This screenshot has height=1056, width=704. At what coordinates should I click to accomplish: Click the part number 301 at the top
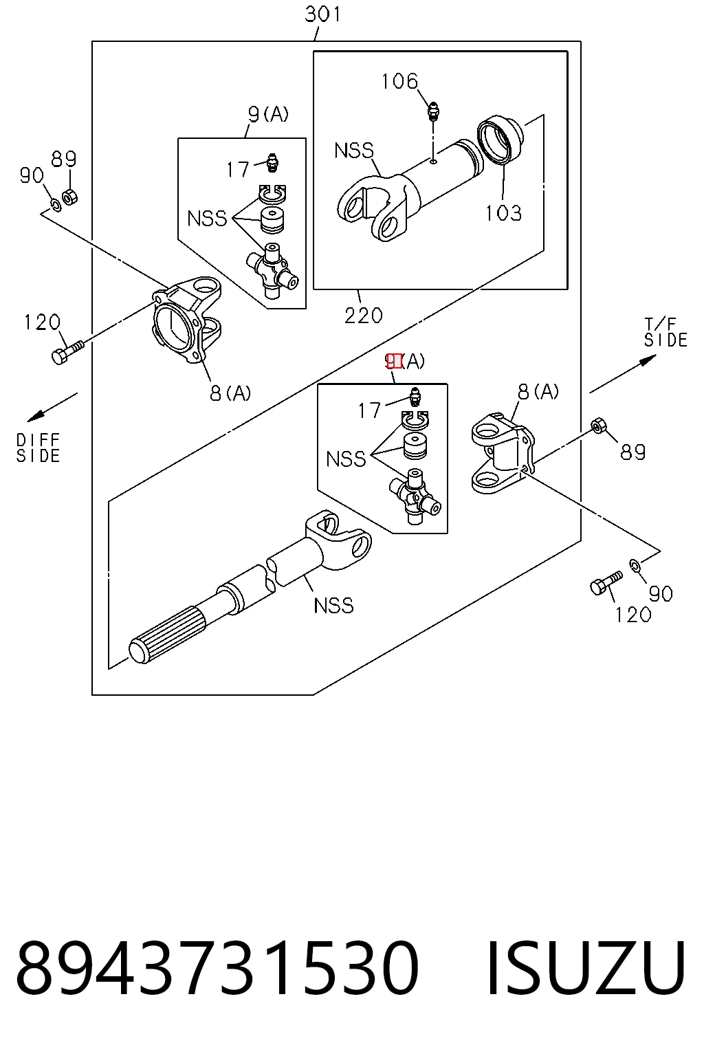coord(322,14)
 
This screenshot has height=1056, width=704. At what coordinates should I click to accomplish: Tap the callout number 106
coord(399,81)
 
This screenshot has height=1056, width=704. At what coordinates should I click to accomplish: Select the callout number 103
coord(504,213)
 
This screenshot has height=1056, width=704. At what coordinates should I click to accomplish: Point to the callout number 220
coord(363,316)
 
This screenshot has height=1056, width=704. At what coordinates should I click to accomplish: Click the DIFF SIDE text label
coord(38,448)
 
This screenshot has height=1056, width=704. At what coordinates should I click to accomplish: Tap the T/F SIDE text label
coord(665,332)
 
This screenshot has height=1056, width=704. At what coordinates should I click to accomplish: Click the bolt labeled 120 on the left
coord(67,352)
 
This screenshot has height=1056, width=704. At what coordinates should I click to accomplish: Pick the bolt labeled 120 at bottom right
coord(606,582)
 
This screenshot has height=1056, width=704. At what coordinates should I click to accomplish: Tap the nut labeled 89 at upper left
coord(70,196)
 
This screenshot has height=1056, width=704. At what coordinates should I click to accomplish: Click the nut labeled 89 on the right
coord(598,426)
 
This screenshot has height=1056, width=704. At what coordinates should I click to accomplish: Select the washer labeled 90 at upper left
coord(56,205)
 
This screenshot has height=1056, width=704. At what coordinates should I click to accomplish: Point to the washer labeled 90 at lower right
coord(634,564)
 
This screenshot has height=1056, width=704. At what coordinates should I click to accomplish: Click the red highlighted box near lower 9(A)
coord(394,361)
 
